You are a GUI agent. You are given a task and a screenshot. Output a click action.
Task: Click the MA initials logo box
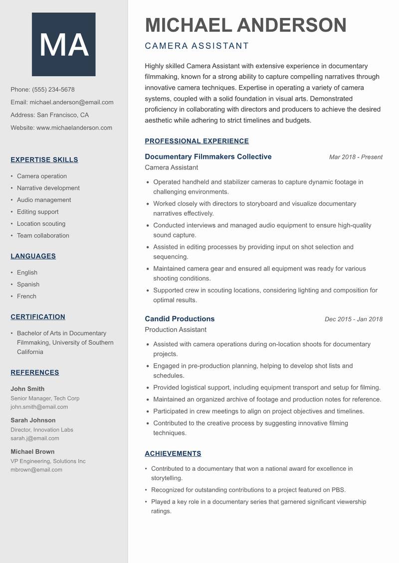click(63, 45)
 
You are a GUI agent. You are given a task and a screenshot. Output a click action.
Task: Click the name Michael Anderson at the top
click(245, 25)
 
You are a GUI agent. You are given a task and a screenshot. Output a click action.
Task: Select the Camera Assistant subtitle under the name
click(197, 46)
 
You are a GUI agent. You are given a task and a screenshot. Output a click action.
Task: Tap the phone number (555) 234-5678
click(53, 90)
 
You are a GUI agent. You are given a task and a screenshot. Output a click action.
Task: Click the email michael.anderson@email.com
click(71, 102)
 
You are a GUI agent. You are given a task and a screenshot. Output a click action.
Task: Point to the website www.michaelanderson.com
click(74, 128)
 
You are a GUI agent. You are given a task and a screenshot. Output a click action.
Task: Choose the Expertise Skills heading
click(44, 160)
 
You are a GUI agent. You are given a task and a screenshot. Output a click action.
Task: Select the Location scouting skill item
click(41, 224)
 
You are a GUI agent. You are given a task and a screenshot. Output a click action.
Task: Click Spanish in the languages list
click(28, 284)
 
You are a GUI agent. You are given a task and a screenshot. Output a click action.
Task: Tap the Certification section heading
click(38, 317)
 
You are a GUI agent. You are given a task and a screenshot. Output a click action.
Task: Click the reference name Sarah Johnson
click(33, 420)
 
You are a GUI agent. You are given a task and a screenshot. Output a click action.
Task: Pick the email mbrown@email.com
click(36, 469)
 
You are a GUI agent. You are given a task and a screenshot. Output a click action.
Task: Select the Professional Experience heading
click(197, 141)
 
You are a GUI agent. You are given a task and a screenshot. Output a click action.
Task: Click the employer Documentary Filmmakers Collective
click(208, 156)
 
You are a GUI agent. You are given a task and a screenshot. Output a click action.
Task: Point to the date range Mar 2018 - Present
click(356, 157)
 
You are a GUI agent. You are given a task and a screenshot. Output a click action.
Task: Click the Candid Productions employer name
click(180, 319)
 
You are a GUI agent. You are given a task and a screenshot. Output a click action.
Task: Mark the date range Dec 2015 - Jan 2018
click(353, 319)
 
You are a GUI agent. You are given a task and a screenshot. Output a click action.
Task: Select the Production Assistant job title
click(175, 329)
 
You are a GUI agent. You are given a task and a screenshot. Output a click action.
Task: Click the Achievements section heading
click(173, 453)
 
